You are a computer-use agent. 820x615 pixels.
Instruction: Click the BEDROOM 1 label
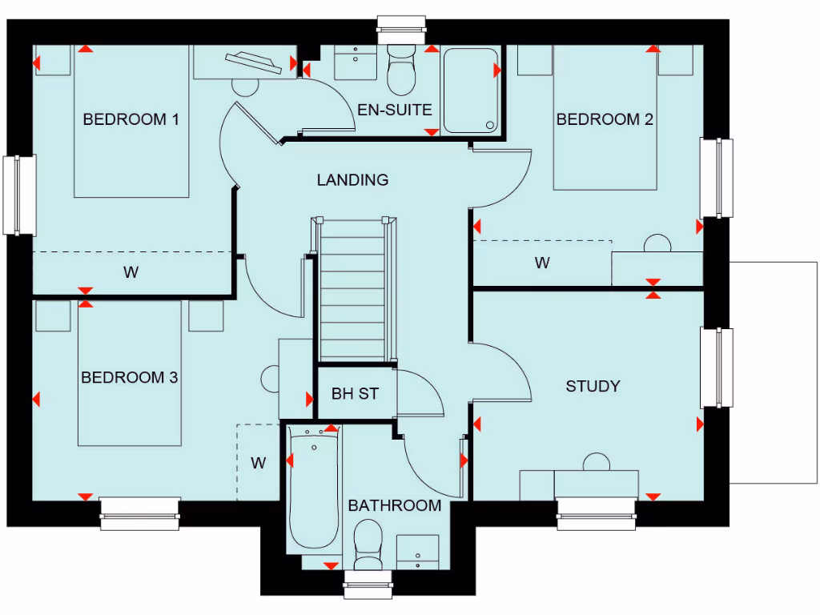131,119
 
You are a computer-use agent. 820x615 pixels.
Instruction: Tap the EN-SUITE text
395,110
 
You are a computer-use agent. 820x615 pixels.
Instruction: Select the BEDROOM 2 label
605,119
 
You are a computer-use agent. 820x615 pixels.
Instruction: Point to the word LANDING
352,180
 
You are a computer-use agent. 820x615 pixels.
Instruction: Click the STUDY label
593,386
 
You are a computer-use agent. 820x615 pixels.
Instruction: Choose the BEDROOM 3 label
129,377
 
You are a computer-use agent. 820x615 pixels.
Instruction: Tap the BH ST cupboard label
354,394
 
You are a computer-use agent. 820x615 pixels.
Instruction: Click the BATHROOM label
394,505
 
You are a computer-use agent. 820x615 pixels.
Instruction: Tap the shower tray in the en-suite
472,90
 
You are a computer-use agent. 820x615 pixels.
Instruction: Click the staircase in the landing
352,292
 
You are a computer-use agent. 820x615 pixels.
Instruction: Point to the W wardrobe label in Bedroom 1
131,272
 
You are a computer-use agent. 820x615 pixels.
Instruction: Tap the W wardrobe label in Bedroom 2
542,263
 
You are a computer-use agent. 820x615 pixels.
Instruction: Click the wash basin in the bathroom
417,551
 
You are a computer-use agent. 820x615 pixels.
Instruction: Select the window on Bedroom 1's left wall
19,195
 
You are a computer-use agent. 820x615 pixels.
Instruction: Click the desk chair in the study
596,463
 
